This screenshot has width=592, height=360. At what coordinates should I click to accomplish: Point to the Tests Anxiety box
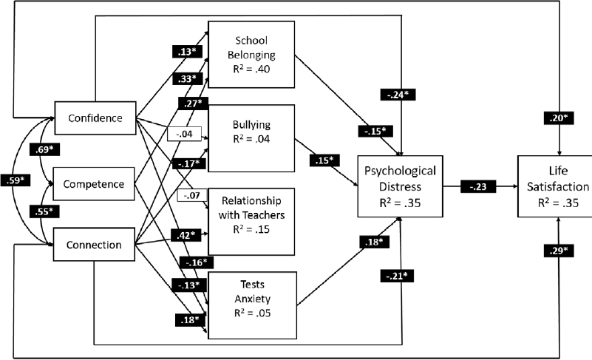[x=251, y=298]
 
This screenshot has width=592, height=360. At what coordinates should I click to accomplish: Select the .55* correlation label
[x=44, y=211]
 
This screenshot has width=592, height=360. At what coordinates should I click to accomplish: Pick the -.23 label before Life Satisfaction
[x=475, y=188]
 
